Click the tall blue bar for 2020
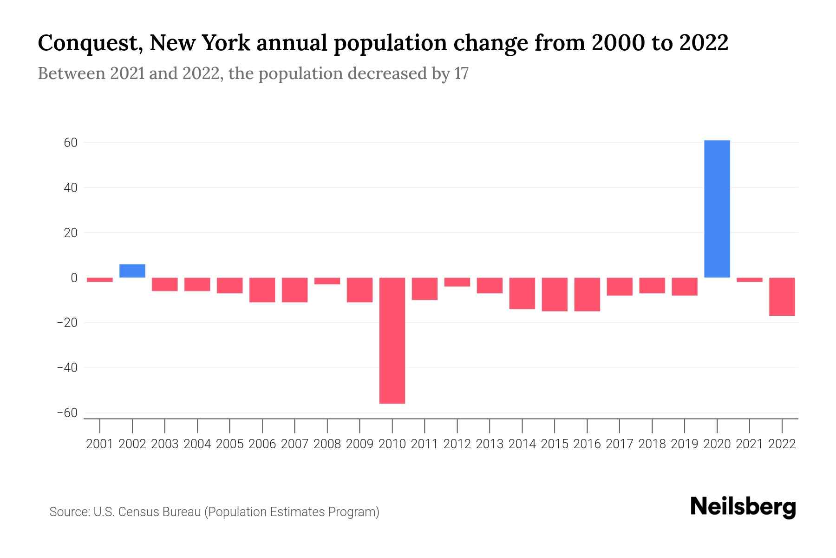click(717, 209)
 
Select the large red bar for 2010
click(392, 340)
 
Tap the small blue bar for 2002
click(132, 271)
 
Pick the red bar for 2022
click(782, 297)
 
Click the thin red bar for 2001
click(100, 280)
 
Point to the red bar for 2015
click(555, 294)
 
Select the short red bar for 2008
click(327, 281)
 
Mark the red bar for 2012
click(457, 282)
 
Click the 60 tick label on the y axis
click(71, 143)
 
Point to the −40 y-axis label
click(67, 368)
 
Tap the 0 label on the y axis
click(74, 278)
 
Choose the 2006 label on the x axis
click(262, 444)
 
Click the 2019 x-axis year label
click(684, 444)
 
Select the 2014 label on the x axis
click(522, 444)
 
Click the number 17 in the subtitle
click(461, 73)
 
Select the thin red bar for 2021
click(749, 280)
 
